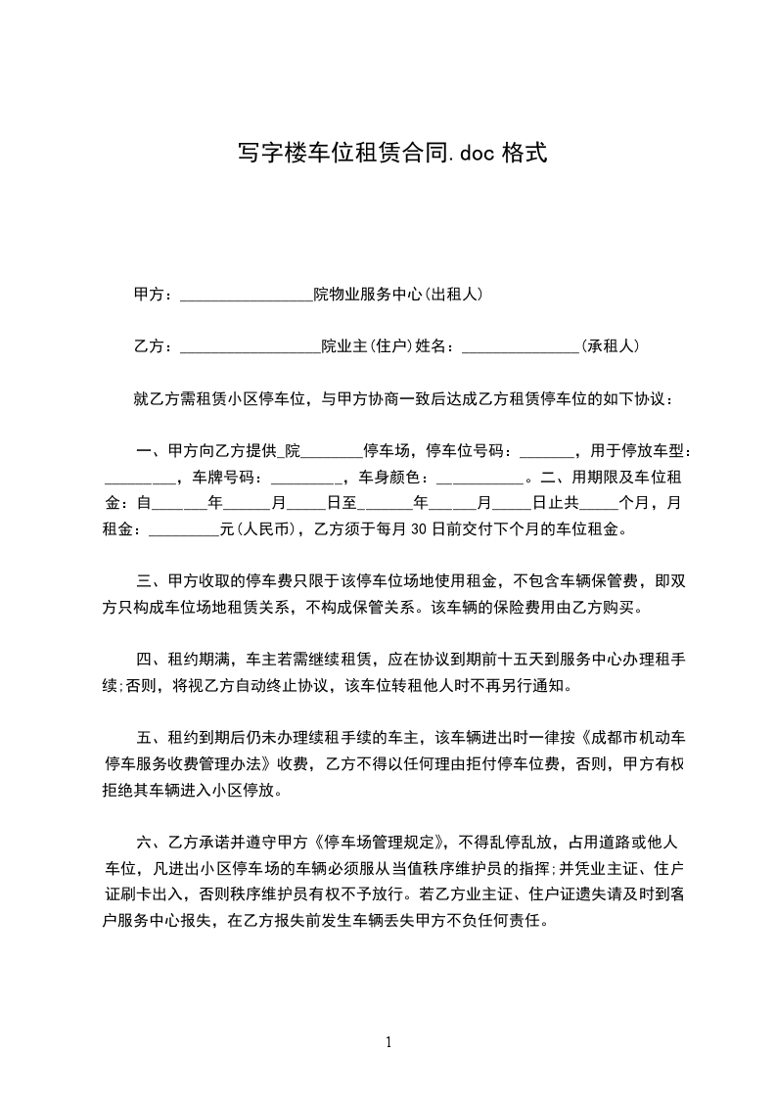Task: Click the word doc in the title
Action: pyautogui.click(x=479, y=153)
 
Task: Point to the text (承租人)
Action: pyautogui.click(x=610, y=345)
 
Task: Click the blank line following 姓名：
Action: pyautogui.click(x=520, y=345)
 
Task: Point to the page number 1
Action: pyautogui.click(x=388, y=1041)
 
